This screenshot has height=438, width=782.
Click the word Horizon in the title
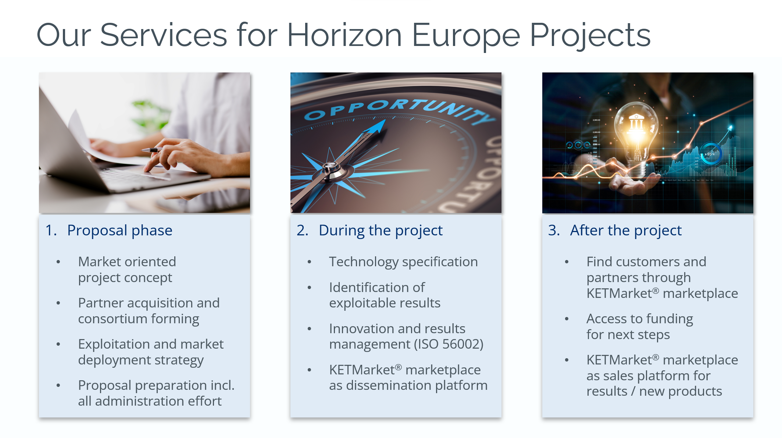click(344, 35)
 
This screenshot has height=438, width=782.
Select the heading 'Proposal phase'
click(120, 231)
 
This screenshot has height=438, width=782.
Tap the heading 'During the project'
click(381, 231)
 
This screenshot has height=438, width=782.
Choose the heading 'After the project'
click(626, 231)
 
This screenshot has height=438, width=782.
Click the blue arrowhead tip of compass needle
click(385, 120)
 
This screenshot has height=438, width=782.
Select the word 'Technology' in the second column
click(364, 262)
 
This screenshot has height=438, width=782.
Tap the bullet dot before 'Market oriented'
click(58, 262)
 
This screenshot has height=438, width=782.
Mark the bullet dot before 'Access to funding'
click(567, 319)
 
